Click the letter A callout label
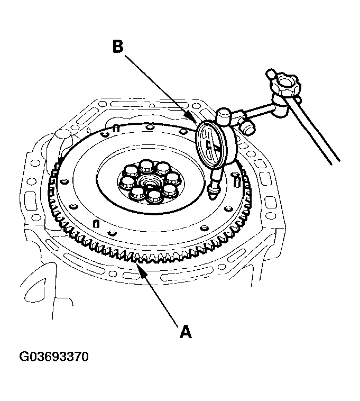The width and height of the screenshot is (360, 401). click(x=185, y=332)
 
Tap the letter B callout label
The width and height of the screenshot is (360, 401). click(x=118, y=47)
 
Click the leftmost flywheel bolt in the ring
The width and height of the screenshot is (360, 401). click(x=127, y=183)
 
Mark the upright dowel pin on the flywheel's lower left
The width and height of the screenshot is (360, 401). click(x=95, y=223)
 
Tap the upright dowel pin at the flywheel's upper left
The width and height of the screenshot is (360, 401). click(x=115, y=129)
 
